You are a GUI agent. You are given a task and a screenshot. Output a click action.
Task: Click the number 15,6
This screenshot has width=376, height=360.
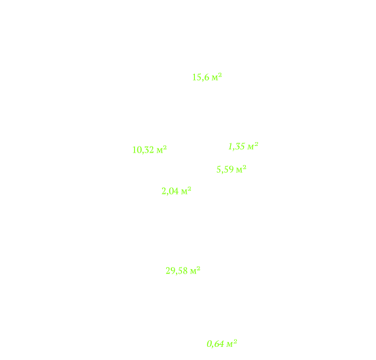click(201, 77)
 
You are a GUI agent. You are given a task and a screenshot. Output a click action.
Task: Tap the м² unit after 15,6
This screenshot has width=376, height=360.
click(217, 77)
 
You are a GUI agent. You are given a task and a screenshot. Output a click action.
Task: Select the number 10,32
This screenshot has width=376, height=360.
click(143, 150)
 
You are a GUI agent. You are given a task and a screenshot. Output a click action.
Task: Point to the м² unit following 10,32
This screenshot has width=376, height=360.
click(162, 149)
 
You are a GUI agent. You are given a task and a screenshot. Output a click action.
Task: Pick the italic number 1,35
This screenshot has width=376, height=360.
click(237, 147)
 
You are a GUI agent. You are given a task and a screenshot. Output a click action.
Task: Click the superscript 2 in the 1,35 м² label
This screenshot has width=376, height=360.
click(256, 144)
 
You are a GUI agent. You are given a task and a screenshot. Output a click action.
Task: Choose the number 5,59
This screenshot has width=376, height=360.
click(225, 170)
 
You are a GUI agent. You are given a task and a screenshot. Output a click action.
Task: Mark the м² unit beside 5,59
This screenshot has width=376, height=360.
click(241, 169)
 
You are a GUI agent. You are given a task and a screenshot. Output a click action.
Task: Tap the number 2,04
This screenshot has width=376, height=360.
click(170, 191)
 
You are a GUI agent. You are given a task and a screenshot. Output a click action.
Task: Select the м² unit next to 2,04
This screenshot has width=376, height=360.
click(186, 191)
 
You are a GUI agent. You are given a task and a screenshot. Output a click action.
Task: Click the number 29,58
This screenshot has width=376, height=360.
click(177, 271)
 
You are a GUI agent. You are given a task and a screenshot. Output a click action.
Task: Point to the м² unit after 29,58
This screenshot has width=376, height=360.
click(196, 270)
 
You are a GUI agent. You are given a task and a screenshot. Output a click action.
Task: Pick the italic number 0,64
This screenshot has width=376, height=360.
click(215, 344)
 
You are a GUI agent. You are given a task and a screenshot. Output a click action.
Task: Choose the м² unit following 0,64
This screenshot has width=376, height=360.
click(232, 344)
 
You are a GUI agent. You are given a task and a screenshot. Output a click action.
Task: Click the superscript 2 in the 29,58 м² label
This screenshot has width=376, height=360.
click(198, 268)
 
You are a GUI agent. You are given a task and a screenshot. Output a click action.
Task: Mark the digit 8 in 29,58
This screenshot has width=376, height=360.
click(185, 271)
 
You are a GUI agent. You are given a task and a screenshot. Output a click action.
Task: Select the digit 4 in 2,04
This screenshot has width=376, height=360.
click(177, 191)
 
